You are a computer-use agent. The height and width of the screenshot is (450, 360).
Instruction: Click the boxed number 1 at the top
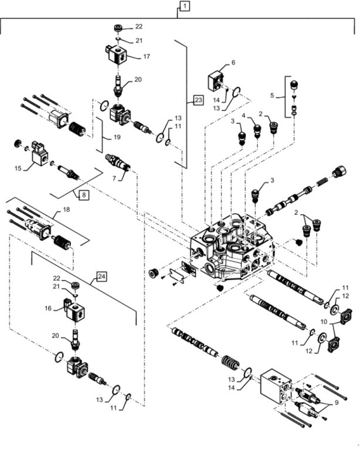point(184,6)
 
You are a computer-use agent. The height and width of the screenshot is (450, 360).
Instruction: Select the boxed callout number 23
point(198,101)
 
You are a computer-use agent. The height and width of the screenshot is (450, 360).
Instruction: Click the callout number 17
point(146,57)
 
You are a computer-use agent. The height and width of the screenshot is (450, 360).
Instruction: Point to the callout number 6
point(233,62)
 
